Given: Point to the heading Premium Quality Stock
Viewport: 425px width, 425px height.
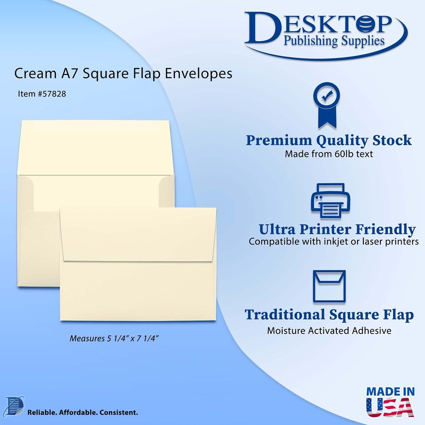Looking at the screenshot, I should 328,141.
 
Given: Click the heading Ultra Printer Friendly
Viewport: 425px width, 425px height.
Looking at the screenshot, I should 337,229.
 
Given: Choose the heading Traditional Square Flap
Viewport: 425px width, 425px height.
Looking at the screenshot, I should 329,314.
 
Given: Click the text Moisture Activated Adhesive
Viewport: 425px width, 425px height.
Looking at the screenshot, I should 329,330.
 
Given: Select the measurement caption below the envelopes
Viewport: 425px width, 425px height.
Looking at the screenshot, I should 115,338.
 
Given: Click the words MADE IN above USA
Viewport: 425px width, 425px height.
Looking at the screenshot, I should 391,391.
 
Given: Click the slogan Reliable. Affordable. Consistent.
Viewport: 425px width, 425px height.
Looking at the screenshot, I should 82,412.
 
